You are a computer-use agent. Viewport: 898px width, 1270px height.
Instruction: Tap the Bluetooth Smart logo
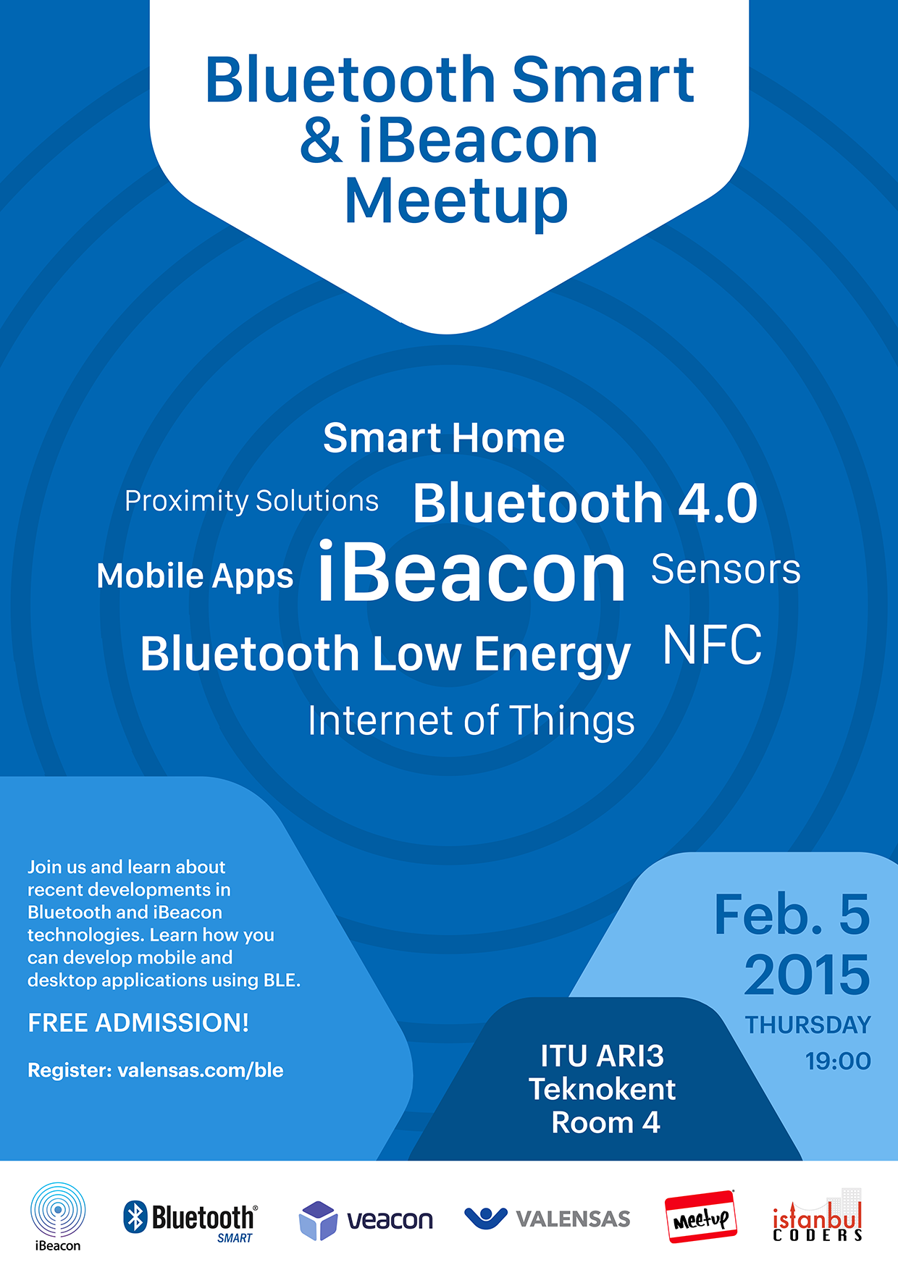(190, 1221)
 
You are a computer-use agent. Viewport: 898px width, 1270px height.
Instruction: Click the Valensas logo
(547, 1219)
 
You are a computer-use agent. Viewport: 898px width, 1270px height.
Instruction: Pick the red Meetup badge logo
(701, 1216)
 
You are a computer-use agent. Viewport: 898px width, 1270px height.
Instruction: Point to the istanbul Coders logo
(818, 1216)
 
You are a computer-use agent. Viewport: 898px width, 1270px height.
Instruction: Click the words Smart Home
(444, 438)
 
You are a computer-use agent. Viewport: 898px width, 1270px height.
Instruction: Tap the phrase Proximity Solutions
(251, 501)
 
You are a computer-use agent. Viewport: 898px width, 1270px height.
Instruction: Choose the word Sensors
(726, 569)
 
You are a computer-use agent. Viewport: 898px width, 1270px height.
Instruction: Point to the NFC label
(713, 644)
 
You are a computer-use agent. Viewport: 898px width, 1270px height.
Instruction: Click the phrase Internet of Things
(471, 721)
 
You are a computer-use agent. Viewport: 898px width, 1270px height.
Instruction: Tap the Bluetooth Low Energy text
(385, 655)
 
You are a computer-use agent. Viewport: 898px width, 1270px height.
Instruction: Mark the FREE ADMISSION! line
(138, 1022)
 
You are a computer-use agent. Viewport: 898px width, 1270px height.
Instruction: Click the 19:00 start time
(838, 1061)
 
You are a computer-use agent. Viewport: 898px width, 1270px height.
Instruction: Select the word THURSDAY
(808, 1025)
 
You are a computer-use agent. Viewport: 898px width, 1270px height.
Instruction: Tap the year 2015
(807, 975)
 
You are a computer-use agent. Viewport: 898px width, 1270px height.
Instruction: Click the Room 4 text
(605, 1122)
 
